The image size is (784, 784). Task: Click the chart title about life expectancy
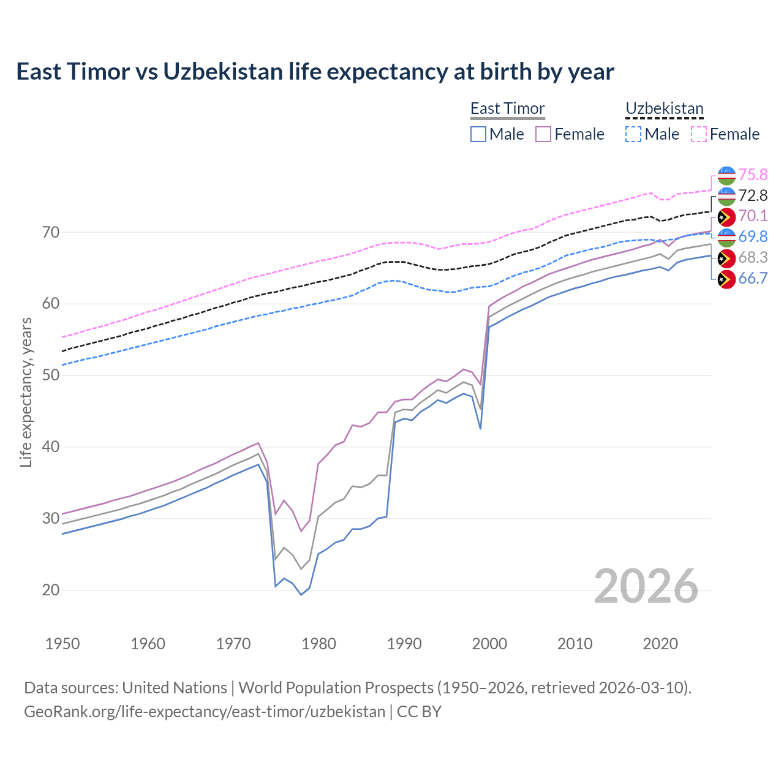315,72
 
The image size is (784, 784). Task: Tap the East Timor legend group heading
507,108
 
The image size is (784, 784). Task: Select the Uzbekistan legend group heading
664,108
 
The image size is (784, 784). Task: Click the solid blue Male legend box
478,134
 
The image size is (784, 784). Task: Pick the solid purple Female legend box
543,134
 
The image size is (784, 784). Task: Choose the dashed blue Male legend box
633,134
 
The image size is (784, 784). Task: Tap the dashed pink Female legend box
698,134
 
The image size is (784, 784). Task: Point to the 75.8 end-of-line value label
753,175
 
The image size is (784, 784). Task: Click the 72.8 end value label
753,195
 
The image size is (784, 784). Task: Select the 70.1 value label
753,216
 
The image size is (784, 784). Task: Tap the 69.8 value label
753,237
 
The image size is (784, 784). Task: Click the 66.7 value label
753,279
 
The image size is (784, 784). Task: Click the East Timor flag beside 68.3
726,258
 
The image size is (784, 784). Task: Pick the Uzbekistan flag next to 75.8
726,175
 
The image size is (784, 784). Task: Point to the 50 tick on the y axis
51,375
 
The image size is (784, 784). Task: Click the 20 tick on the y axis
51,590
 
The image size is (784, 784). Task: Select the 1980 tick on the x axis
318,644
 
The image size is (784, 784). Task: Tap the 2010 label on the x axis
575,644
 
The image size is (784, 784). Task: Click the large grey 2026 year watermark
646,586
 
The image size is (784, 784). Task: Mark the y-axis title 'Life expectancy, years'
26,392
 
